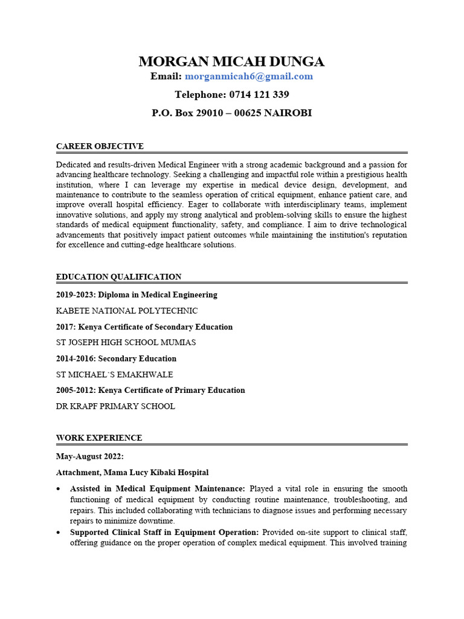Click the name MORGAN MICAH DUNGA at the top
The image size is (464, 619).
click(231, 61)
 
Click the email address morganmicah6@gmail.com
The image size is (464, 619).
click(248, 76)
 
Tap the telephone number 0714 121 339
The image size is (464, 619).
click(231, 94)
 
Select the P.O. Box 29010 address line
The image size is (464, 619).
click(231, 112)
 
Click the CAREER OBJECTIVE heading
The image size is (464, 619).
click(100, 146)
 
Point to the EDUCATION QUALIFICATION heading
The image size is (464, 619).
click(118, 277)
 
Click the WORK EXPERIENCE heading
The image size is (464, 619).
click(99, 438)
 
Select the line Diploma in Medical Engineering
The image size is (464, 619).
click(137, 295)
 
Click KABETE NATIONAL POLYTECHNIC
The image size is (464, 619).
click(127, 311)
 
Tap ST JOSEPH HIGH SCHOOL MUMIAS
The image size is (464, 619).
click(126, 342)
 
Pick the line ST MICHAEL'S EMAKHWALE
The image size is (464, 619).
click(114, 374)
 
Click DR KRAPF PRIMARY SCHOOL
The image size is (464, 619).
click(115, 406)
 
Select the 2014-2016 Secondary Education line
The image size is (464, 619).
click(116, 358)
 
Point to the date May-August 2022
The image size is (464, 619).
click(89, 456)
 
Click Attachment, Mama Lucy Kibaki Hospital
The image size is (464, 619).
click(132, 472)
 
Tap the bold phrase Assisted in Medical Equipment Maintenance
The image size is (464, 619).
click(157, 488)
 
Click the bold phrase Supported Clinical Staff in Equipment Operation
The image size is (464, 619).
click(164, 532)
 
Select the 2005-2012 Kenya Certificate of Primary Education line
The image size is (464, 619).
click(150, 390)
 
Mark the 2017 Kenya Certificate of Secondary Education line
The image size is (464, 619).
click(144, 326)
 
